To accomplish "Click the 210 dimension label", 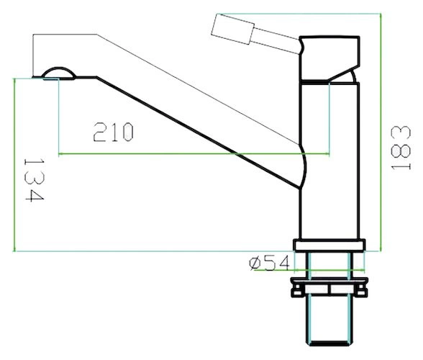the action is pos(114,132).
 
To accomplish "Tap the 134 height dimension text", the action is pos(34,180).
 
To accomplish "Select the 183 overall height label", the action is pos(401,148).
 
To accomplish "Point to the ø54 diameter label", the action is pos(270,263).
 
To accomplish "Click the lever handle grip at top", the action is pos(233,29).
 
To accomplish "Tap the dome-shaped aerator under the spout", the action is pos(58,73).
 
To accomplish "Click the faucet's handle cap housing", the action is pos(329,58).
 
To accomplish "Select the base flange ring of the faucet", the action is pos(329,246).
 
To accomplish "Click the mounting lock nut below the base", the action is pos(329,287).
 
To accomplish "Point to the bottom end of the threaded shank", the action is pos(329,343).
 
